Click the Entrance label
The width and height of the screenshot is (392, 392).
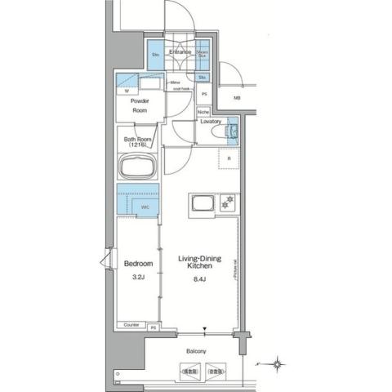[180, 51]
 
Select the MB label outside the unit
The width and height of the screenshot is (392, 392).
[238, 98]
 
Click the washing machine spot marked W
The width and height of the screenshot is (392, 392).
[127, 91]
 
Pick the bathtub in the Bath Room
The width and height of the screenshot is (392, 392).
[138, 168]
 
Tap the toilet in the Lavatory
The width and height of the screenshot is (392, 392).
[230, 131]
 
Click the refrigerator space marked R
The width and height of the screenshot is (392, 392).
[228, 159]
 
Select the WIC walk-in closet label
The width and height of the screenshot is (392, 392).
[145, 207]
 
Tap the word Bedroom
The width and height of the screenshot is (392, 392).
[138, 264]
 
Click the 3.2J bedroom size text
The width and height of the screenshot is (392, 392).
[138, 277]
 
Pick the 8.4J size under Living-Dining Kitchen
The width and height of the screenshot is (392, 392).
[198, 277]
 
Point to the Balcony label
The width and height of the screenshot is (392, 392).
[196, 351]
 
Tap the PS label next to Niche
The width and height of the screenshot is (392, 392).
[203, 95]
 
